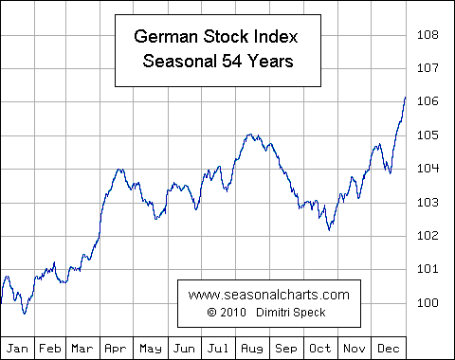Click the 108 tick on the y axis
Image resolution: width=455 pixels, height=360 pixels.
click(x=428, y=35)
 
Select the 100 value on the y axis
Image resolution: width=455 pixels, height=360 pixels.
click(x=428, y=302)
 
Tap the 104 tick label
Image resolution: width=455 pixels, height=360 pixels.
click(x=428, y=169)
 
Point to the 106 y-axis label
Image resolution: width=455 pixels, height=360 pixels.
click(x=428, y=101)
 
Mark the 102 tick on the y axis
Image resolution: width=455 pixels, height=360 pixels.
click(x=428, y=236)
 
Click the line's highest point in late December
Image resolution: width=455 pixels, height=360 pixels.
click(x=405, y=97)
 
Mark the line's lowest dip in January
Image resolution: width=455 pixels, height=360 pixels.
click(x=24, y=313)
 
